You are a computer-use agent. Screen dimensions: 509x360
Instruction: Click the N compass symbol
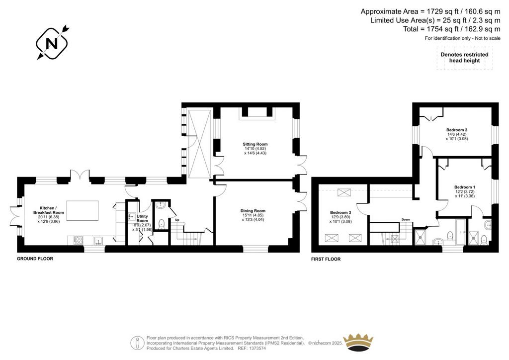coord(52,43)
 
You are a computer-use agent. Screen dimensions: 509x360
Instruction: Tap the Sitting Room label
coord(255,144)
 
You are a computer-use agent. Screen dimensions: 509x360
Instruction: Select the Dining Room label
coord(253,211)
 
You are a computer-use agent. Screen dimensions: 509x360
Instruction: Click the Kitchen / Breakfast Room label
coord(49,210)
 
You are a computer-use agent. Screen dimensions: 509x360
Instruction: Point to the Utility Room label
coord(142,218)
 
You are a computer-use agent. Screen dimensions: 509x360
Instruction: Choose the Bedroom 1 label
coord(465,187)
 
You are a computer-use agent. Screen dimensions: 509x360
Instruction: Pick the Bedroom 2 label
coord(457,130)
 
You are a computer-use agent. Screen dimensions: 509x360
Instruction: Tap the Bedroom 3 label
coord(340,213)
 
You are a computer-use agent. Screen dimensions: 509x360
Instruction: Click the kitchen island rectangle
coord(83,210)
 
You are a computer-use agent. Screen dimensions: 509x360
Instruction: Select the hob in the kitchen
coord(78,240)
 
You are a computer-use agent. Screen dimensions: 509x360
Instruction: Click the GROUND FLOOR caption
coord(35,259)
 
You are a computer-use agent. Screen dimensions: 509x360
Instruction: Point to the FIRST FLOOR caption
coord(326,259)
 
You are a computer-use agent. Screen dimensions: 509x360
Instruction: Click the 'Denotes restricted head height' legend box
coord(465,58)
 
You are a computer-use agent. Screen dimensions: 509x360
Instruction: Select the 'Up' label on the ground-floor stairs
coord(177,220)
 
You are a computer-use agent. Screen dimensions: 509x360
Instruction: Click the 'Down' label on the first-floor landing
coord(406,219)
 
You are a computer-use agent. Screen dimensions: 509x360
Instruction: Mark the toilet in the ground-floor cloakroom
coord(161,224)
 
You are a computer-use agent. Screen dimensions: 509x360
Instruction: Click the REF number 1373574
coord(256,348)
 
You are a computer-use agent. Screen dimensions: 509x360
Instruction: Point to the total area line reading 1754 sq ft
coord(452,29)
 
